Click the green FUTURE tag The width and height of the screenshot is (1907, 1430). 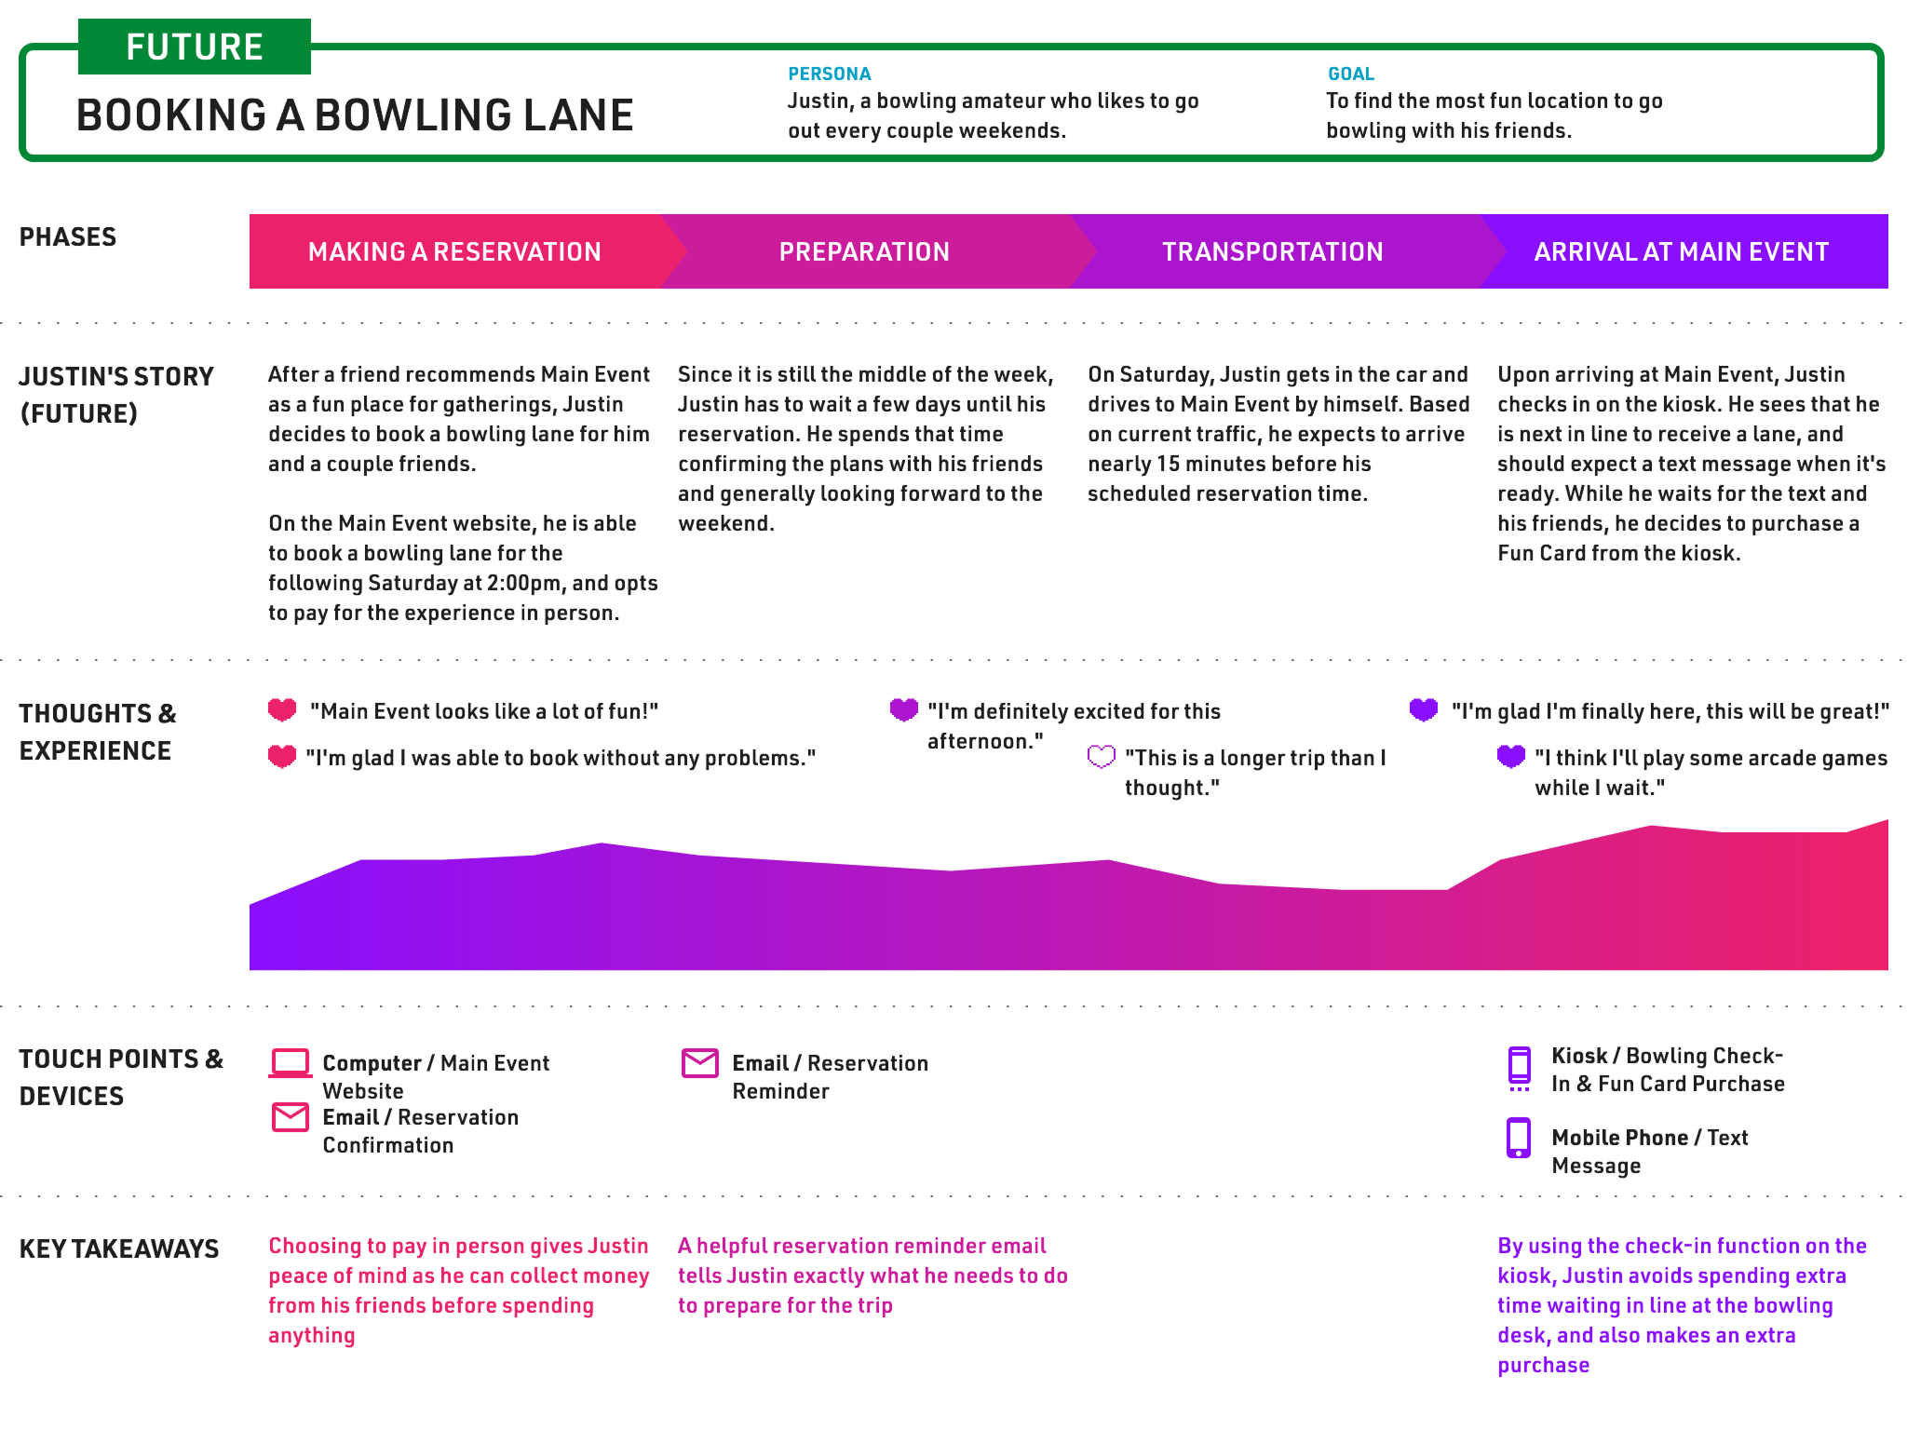(195, 47)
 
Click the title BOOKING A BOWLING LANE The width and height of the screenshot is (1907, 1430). (355, 115)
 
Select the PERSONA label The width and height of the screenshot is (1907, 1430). (830, 74)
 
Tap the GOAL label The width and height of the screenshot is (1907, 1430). (1350, 74)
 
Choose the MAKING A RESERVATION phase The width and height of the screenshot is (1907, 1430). (455, 251)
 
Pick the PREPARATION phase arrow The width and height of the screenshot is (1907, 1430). (865, 251)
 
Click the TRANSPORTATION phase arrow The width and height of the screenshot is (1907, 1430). (1273, 251)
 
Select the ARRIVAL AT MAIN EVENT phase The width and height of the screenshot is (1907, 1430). (1682, 251)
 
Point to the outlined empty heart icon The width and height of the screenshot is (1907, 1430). (1101, 757)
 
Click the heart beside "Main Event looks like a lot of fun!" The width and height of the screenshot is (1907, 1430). (282, 710)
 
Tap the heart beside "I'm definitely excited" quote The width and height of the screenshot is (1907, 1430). (904, 710)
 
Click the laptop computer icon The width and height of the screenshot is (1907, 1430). (291, 1063)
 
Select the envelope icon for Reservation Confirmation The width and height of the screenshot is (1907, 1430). (291, 1117)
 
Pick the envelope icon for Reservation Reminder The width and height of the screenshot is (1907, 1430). (700, 1063)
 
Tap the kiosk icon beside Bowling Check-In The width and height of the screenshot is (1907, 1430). (1519, 1068)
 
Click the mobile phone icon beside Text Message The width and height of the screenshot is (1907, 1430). (1519, 1138)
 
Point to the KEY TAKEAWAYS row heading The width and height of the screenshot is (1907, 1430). (119, 1248)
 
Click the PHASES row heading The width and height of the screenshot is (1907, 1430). (68, 236)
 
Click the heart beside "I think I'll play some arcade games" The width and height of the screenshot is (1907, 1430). (1511, 757)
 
